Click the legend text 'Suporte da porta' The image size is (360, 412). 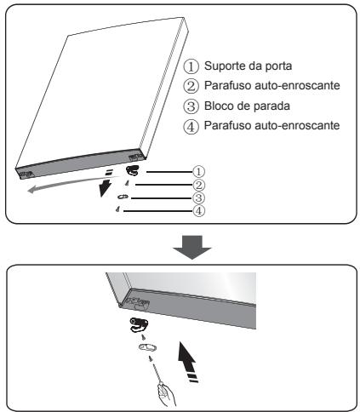pos(248,66)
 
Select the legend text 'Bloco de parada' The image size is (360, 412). pos(247,106)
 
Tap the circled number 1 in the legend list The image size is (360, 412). pos(191,66)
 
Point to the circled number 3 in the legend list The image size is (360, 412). pos(191,106)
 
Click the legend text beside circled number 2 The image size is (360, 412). pos(272,85)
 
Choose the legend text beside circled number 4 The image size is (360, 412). pos(272,125)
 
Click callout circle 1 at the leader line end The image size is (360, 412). pos(198,171)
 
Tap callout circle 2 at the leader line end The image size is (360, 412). pos(198,185)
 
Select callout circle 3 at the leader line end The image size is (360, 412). pos(198,197)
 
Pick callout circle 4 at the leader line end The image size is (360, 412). pos(198,211)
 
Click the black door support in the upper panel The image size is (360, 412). pos(132,171)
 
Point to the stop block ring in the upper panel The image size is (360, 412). pos(123,197)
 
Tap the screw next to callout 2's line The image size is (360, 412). pos(127,183)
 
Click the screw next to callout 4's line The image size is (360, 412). pos(117,209)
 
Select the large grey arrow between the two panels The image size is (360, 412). pos(192,247)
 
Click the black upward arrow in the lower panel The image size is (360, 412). pos(187,360)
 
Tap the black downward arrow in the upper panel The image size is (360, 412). pos(106,184)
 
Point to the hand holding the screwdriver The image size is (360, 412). pos(167,394)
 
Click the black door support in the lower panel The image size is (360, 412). pos(139,325)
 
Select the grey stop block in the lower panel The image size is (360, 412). pos(147,347)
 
